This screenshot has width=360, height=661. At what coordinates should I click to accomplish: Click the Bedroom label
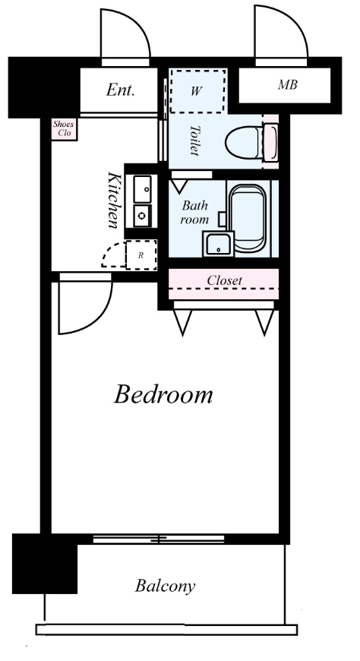tap(163, 395)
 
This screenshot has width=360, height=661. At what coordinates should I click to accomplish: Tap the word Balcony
tap(166, 587)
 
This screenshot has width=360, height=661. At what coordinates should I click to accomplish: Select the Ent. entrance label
tap(120, 90)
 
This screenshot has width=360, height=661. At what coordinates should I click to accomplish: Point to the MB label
tap(288, 85)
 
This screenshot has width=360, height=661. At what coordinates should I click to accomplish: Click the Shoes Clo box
tap(64, 129)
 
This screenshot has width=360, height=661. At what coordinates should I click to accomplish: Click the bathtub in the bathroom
tap(248, 218)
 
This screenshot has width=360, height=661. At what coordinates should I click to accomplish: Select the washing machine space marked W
tap(197, 91)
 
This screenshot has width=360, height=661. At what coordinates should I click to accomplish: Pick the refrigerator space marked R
tap(141, 255)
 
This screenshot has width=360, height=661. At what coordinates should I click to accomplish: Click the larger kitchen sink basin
tap(143, 189)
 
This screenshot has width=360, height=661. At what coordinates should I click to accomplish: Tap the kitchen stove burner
tap(143, 217)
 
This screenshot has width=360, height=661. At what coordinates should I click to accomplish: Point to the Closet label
tap(224, 280)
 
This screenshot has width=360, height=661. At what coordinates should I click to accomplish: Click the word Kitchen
tap(113, 200)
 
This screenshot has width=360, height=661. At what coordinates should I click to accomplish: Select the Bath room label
tap(194, 213)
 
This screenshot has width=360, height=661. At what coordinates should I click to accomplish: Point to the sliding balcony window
tap(159, 539)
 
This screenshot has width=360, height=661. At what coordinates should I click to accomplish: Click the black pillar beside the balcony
tap(45, 564)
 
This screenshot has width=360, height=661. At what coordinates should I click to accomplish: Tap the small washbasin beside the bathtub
tap(219, 244)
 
